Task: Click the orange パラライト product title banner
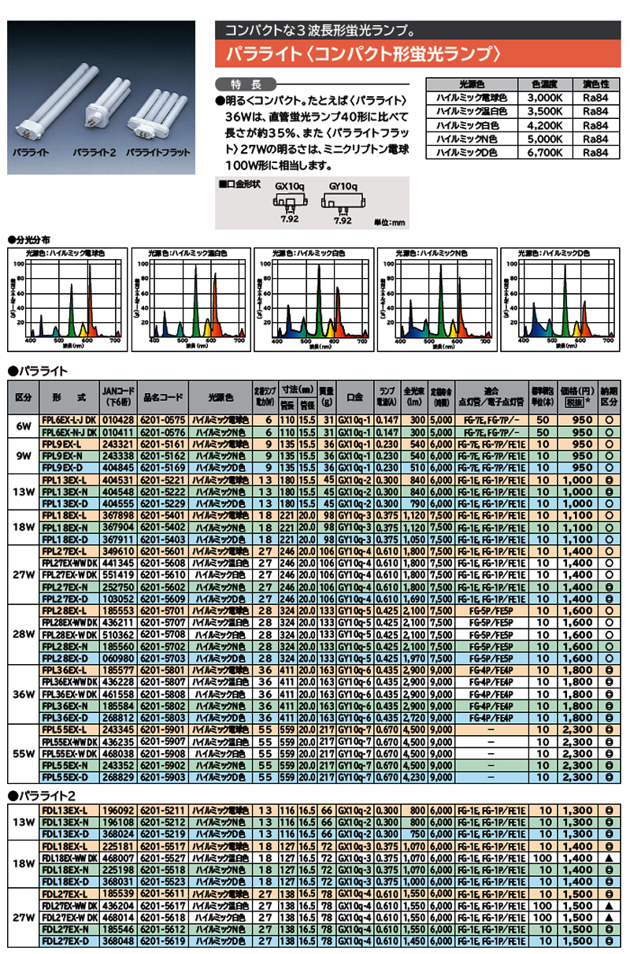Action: point(419,54)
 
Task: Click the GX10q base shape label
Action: point(289,187)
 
